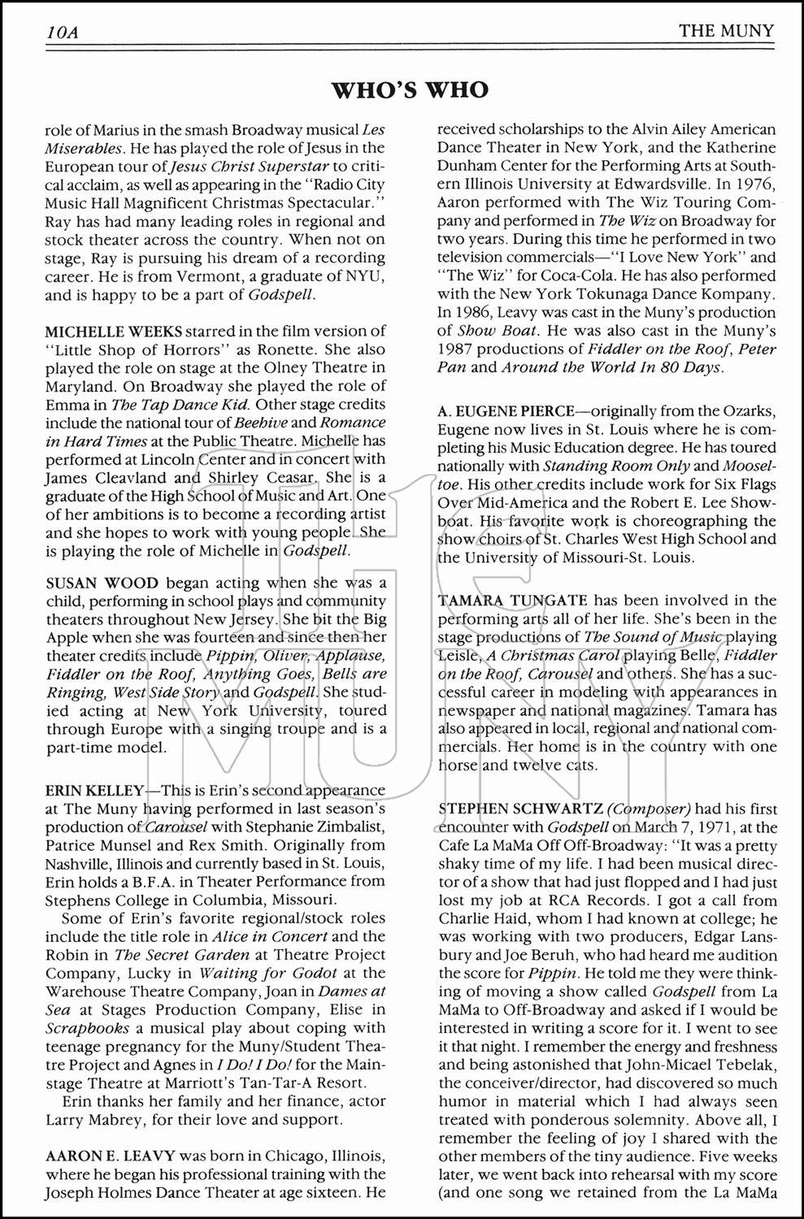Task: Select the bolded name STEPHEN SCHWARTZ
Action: click(519, 809)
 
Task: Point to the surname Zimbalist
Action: click(332, 827)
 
